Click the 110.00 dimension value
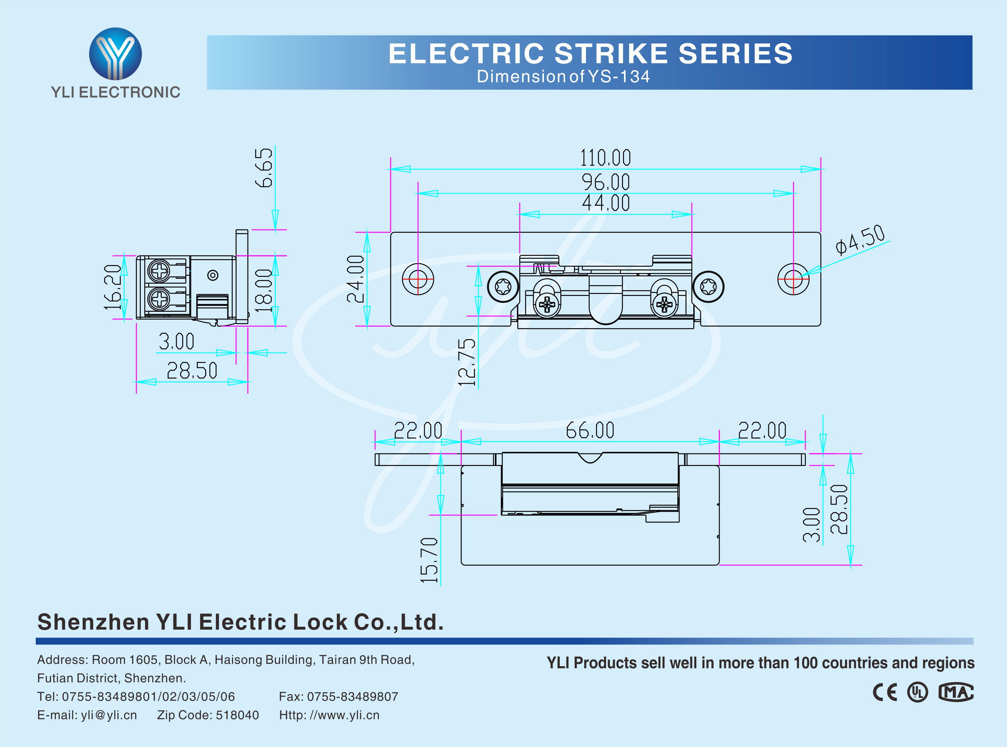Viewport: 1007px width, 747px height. click(605, 158)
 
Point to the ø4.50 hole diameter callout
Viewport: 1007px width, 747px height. click(860, 240)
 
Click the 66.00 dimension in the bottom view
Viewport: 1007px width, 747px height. click(590, 430)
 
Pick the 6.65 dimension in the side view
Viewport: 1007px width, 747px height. click(264, 167)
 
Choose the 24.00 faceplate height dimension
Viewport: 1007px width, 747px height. click(356, 279)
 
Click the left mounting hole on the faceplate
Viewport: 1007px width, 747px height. click(418, 279)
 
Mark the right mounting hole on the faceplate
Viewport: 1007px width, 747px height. click(793, 279)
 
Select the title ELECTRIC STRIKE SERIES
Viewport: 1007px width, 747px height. click(590, 53)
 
